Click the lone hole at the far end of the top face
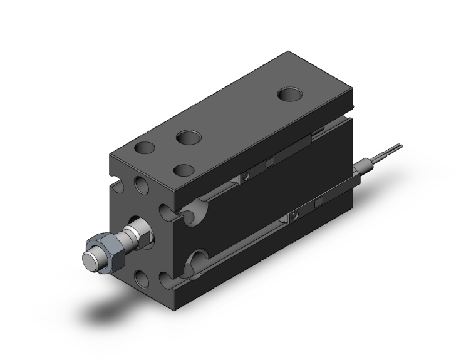point(289,95)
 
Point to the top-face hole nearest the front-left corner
point(145,149)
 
